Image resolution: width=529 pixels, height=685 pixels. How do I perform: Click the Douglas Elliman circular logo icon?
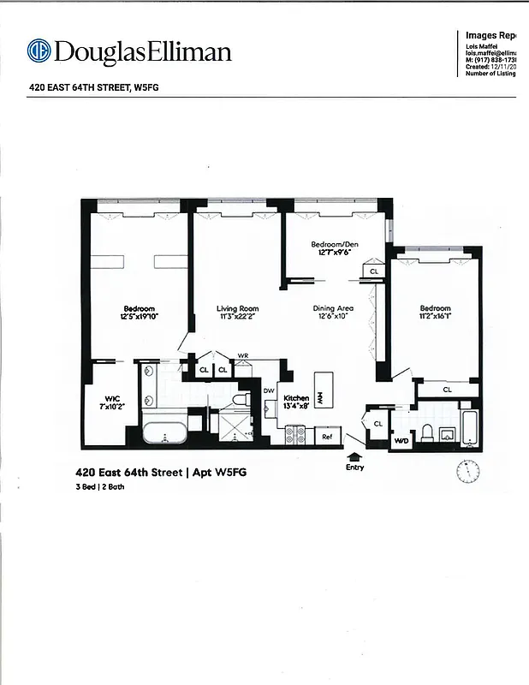39,51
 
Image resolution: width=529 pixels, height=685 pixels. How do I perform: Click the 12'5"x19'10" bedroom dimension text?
139,318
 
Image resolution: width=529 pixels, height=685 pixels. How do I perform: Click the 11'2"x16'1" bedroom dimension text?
435,318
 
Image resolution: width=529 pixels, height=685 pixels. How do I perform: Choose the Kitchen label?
296,398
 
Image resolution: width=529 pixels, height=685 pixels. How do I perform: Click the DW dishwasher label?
268,390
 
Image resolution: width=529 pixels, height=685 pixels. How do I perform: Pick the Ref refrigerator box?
326,437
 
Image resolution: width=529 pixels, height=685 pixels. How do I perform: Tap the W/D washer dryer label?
401,440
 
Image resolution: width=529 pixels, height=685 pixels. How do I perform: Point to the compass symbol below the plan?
467,471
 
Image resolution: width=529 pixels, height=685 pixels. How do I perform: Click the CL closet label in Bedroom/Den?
373,271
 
